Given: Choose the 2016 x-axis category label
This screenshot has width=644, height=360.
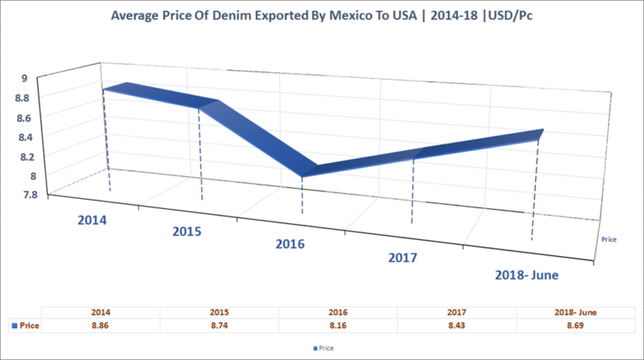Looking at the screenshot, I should click(x=291, y=244).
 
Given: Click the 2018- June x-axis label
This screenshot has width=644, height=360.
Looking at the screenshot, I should click(x=525, y=274).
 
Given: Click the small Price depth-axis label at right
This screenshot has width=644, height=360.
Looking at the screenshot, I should click(x=610, y=239).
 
